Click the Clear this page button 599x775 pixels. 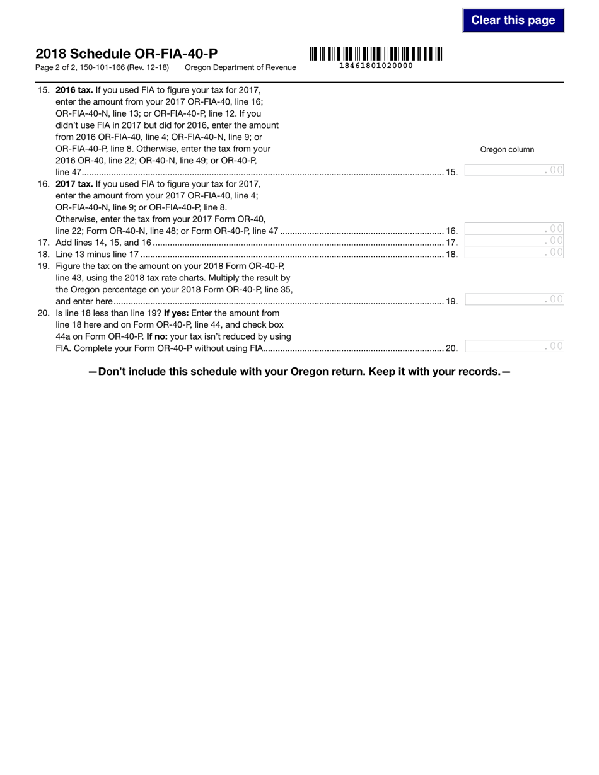[x=513, y=20]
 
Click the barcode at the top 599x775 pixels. [x=376, y=54]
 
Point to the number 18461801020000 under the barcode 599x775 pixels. [x=376, y=66]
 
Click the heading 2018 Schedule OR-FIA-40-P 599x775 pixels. [x=127, y=54]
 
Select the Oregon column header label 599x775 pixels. [x=507, y=149]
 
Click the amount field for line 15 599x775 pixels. [x=514, y=170]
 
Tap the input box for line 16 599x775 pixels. [x=514, y=229]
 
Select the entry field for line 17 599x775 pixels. [x=514, y=241]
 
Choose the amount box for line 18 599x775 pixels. [x=514, y=253]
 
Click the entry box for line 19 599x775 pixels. [x=514, y=300]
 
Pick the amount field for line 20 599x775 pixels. [x=514, y=346]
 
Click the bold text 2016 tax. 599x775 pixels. [x=74, y=89]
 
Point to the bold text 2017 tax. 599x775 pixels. [x=74, y=184]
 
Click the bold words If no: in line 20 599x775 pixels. [x=157, y=336]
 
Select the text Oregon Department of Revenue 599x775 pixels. [x=240, y=67]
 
